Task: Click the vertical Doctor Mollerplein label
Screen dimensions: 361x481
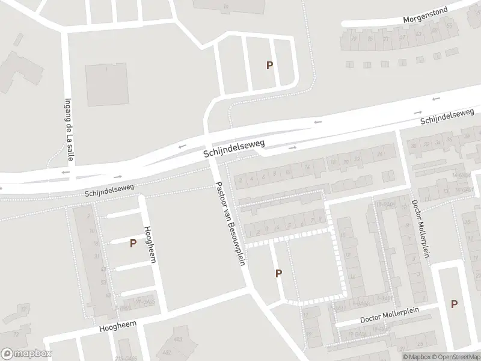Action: (x=421, y=229)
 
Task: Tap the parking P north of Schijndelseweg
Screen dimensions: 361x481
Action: (x=270, y=66)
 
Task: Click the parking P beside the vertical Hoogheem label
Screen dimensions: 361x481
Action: (x=133, y=243)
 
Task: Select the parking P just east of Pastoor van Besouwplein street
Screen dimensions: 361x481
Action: (x=278, y=274)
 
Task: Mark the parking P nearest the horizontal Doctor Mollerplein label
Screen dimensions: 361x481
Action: (x=454, y=304)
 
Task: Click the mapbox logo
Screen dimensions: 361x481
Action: (x=26, y=354)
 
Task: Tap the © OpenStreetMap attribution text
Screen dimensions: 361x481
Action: (x=457, y=357)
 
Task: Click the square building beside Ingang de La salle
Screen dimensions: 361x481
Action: (x=106, y=85)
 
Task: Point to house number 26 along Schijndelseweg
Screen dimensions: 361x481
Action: (x=379, y=155)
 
